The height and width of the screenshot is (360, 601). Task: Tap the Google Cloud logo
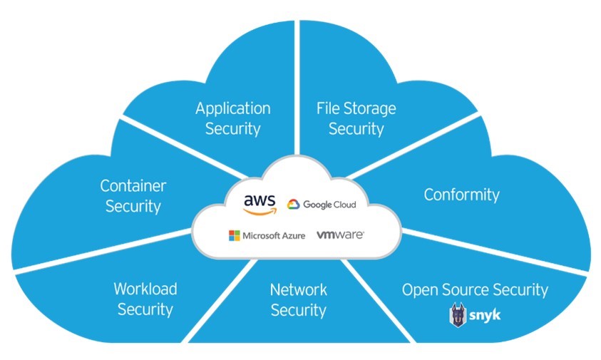322,205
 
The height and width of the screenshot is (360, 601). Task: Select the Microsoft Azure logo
266,235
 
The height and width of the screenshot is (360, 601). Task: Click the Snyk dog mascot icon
458,314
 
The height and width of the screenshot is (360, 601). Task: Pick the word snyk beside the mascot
486,314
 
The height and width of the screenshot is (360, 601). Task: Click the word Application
233,109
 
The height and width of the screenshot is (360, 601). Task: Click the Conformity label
462,194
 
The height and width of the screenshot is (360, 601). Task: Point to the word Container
133,187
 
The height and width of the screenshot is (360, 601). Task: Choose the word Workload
145,289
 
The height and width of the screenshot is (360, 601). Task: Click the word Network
298,289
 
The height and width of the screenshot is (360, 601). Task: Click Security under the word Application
233,129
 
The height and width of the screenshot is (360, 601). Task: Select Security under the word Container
133,207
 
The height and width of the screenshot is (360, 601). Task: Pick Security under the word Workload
145,309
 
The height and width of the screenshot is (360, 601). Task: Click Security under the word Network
298,310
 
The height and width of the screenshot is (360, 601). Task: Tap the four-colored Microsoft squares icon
234,235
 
